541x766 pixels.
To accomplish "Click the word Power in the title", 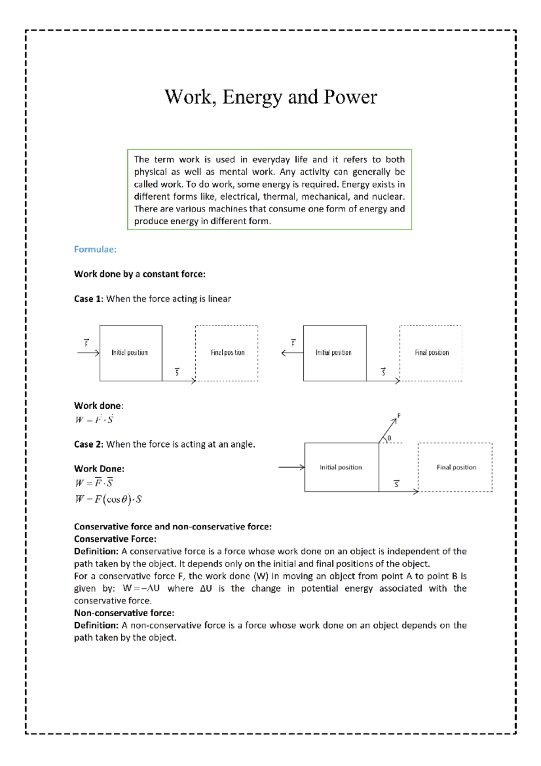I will pyautogui.click(x=350, y=97).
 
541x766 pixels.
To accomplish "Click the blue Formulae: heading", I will pyautogui.click(x=95, y=249).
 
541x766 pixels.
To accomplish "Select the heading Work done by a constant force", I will pyautogui.click(x=139, y=274).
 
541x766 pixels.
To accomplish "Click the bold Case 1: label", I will pyautogui.click(x=89, y=299).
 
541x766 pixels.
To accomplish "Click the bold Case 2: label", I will pyautogui.click(x=89, y=444).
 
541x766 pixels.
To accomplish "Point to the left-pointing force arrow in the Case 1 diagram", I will pyautogui.click(x=292, y=353).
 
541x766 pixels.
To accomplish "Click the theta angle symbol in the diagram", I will pyautogui.click(x=390, y=438).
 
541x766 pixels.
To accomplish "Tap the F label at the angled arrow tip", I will pyautogui.click(x=399, y=415).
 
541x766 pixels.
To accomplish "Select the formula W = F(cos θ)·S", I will pyautogui.click(x=108, y=499).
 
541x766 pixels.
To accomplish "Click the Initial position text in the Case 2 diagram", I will pyautogui.click(x=340, y=467).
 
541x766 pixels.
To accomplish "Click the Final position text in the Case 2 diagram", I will pyautogui.click(x=456, y=467).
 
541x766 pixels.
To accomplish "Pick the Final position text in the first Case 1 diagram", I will pyautogui.click(x=228, y=353).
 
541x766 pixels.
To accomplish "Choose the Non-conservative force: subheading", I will pyautogui.click(x=124, y=613).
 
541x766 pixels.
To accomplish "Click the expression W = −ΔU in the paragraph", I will pyautogui.click(x=141, y=589).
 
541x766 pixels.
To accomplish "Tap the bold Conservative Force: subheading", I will pyautogui.click(x=115, y=539).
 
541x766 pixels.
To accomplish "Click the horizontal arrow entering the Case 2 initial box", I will pyautogui.click(x=291, y=467).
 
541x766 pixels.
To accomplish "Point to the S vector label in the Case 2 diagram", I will pyautogui.click(x=397, y=484).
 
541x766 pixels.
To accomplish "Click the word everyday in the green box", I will pyautogui.click(x=271, y=160).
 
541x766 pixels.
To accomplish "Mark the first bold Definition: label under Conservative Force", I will pyautogui.click(x=96, y=551).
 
